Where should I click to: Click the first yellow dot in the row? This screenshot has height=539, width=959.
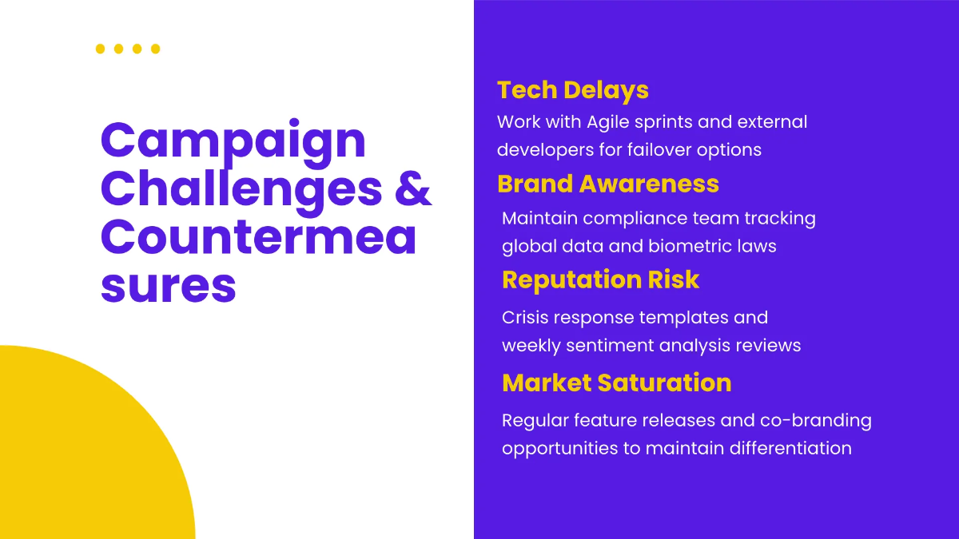coord(100,49)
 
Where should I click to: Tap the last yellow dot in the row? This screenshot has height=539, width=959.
coord(155,49)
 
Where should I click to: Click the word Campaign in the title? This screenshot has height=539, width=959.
coord(233,142)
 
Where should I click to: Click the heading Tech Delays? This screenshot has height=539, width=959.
coord(573,90)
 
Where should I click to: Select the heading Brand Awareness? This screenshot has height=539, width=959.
coord(608,184)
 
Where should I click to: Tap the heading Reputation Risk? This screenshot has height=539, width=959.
coord(600,279)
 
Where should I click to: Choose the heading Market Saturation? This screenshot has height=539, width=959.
coord(616,382)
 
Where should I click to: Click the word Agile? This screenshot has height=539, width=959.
coord(608,123)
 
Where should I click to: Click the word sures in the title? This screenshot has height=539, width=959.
coord(169,286)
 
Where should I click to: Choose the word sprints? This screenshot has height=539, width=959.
coord(663,123)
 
